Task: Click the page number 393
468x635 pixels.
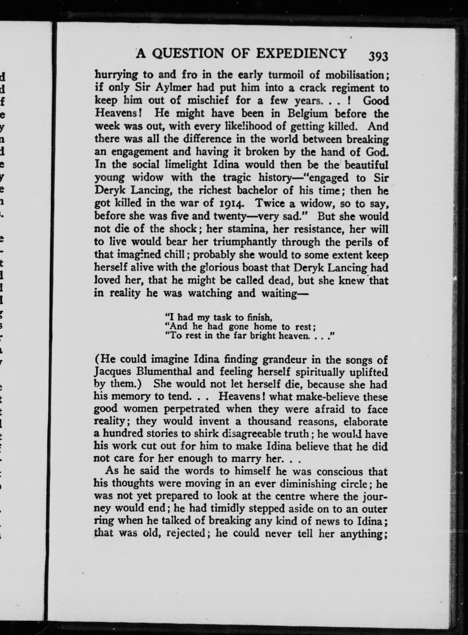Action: tap(378, 56)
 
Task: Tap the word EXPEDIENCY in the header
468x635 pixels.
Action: tap(301, 53)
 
